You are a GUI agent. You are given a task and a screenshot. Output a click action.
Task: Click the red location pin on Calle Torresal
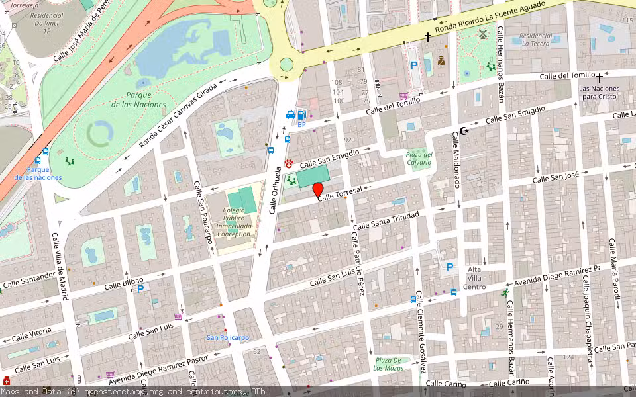(318, 191)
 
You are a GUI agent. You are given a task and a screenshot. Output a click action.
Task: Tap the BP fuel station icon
(302, 116)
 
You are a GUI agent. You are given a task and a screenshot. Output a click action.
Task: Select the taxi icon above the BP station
(290, 114)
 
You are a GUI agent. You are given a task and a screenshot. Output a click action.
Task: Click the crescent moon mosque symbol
(464, 131)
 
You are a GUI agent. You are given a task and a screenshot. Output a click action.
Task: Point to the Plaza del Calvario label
(419, 158)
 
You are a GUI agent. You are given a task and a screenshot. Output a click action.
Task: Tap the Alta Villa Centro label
(475, 278)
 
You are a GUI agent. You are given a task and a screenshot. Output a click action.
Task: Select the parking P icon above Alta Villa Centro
(450, 267)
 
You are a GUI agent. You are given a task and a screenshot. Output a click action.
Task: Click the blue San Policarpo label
(227, 337)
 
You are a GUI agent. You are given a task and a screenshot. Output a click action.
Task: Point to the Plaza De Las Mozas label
(388, 363)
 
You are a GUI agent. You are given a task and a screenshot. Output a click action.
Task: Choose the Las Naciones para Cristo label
(599, 92)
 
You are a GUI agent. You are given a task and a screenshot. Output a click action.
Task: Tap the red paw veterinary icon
(289, 163)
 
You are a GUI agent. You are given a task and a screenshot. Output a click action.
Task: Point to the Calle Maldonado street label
(456, 159)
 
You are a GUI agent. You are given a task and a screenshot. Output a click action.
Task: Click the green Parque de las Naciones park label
(138, 100)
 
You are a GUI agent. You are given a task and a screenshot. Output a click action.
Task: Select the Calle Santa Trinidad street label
(386, 221)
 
